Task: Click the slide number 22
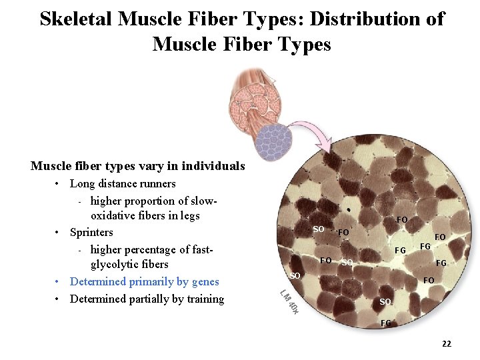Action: click(x=446, y=343)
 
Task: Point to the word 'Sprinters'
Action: click(x=91, y=232)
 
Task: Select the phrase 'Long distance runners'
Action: click(x=123, y=183)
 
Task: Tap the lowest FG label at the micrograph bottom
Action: click(x=386, y=323)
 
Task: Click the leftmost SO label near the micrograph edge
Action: click(x=295, y=275)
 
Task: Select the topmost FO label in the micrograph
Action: click(x=402, y=219)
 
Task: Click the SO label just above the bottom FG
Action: click(x=385, y=302)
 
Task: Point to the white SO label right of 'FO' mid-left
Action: click(x=347, y=263)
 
